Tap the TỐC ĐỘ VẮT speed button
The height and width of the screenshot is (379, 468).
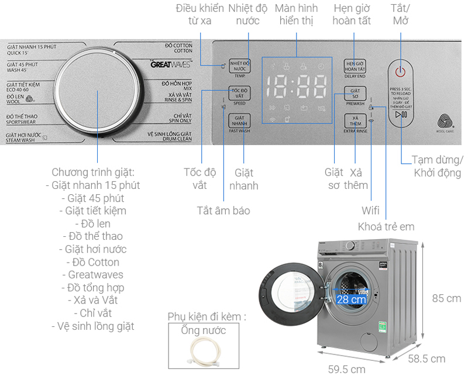(239, 93)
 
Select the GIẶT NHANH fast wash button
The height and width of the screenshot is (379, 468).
(239, 120)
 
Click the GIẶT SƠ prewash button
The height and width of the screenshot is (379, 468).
(355, 93)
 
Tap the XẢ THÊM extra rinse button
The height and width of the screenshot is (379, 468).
(355, 121)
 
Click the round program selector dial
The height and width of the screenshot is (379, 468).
(97, 93)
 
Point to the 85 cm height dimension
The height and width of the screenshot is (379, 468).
(446, 298)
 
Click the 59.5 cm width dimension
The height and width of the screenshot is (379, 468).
(347, 369)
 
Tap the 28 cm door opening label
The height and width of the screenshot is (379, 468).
(351, 299)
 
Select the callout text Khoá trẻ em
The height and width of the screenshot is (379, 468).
(386, 226)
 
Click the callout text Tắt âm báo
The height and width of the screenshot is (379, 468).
(223, 210)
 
